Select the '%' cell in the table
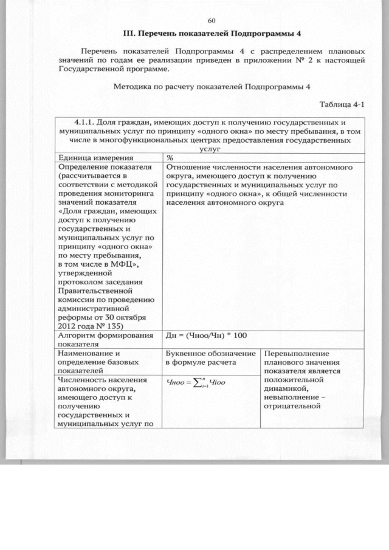[x=170, y=157]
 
